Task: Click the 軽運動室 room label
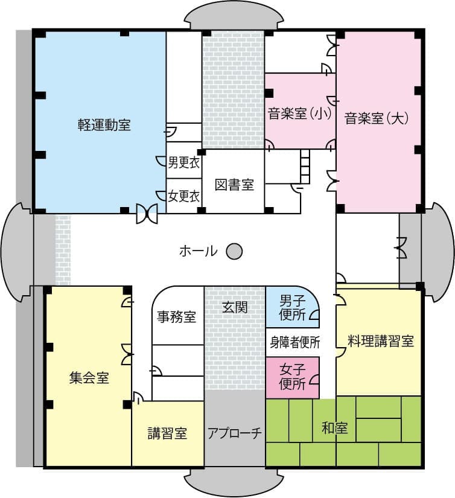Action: pyautogui.click(x=104, y=125)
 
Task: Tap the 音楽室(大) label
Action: pyautogui.click(x=377, y=118)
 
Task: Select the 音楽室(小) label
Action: pyautogui.click(x=300, y=113)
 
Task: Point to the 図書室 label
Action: pyautogui.click(x=234, y=185)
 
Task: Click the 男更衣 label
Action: pyautogui.click(x=183, y=162)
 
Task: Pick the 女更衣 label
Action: pyautogui.click(x=183, y=196)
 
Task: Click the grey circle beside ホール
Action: pyautogui.click(x=234, y=251)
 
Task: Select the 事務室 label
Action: pyautogui.click(x=177, y=316)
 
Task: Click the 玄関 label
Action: pyautogui.click(x=235, y=307)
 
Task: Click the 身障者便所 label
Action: pyautogui.click(x=294, y=342)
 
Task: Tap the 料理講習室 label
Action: pyautogui.click(x=380, y=340)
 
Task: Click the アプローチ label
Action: pyautogui.click(x=235, y=433)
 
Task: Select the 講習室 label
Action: pyautogui.click(x=167, y=433)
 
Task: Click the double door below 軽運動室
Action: pyautogui.click(x=147, y=213)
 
